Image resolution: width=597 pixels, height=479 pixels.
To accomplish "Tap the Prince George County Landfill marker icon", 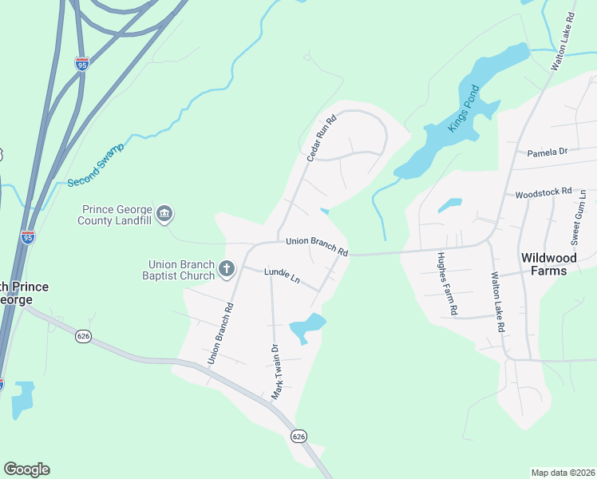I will pyautogui.click(x=164, y=213).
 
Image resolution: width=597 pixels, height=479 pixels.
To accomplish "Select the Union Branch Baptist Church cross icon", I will pyautogui.click(x=227, y=268).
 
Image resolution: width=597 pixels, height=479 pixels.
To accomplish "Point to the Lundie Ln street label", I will pyautogui.click(x=281, y=276).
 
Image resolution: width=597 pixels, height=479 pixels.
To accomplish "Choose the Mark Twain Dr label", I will pyautogui.click(x=277, y=371).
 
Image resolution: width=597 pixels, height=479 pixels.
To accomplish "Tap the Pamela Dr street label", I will pyautogui.click(x=547, y=151).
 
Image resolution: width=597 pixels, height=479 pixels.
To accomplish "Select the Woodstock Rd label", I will pyautogui.click(x=544, y=192).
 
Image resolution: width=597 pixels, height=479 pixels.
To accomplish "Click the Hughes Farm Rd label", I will pyautogui.click(x=447, y=283).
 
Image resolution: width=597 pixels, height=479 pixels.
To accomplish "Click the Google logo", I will pyautogui.click(x=26, y=469).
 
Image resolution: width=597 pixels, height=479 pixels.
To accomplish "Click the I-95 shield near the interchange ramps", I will pyautogui.click(x=82, y=63).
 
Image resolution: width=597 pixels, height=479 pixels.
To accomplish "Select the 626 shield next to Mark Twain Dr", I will pyautogui.click(x=298, y=436).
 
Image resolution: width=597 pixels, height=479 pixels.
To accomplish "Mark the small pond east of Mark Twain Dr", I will pyautogui.click(x=307, y=327).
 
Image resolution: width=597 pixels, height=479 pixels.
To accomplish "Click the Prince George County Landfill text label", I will pyautogui.click(x=119, y=215).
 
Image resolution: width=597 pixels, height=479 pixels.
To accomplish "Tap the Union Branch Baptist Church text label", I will pyautogui.click(x=182, y=270).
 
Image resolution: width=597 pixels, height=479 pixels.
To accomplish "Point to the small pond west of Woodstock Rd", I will pyautogui.click(x=449, y=205).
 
